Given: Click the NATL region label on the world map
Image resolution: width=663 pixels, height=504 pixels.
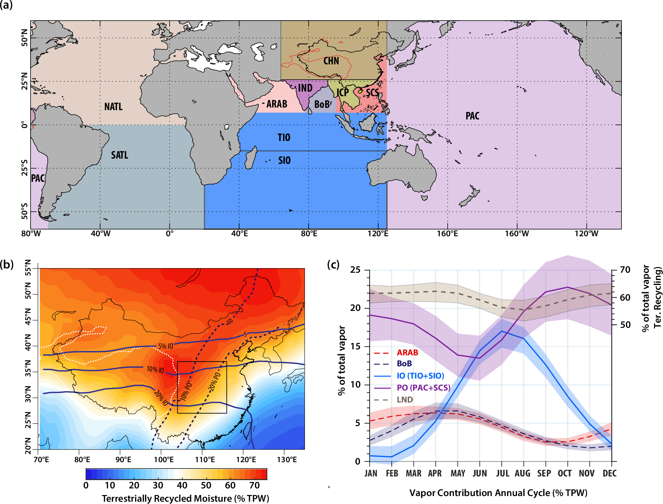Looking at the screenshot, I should pos(113,107).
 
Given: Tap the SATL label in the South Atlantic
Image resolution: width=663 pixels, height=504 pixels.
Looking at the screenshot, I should pos(119,155).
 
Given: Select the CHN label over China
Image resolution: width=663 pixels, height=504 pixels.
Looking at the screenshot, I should pos(331,61).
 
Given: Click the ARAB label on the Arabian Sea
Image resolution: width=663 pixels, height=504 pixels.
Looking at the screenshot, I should pos(277,104).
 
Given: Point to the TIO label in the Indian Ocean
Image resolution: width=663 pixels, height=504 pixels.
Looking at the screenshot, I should pos(284,137).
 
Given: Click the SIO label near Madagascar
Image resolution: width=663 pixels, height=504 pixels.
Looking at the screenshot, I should pos(284,161).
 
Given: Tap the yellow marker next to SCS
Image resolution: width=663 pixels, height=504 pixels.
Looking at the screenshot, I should pos(360,91).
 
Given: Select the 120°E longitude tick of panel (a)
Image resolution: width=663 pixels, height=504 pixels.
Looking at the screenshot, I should pos(378,234).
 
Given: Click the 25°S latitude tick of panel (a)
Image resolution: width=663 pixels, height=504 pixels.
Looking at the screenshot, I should pos(25,168).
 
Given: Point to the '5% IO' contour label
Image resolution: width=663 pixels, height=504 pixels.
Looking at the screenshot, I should pos(166,346).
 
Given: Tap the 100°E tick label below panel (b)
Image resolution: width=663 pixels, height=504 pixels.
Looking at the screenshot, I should pos(164,460).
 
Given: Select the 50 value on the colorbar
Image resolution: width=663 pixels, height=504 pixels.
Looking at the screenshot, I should pos(206,485).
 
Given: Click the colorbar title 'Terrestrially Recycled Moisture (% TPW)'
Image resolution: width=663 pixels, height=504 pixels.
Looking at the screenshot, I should pos(185,498).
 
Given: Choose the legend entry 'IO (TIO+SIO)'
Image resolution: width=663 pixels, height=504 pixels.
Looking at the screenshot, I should pos(420,376).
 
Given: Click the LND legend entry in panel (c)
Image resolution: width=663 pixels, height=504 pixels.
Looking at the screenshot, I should pos(405,400).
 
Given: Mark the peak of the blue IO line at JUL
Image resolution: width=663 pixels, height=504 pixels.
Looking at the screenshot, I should pos(501,331).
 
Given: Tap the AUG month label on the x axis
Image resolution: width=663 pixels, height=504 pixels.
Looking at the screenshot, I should pos(523,473).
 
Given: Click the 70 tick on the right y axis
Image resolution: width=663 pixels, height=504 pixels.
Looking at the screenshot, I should pos(625,270).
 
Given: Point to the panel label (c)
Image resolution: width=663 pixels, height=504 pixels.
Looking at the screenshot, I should pos(333,264).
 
